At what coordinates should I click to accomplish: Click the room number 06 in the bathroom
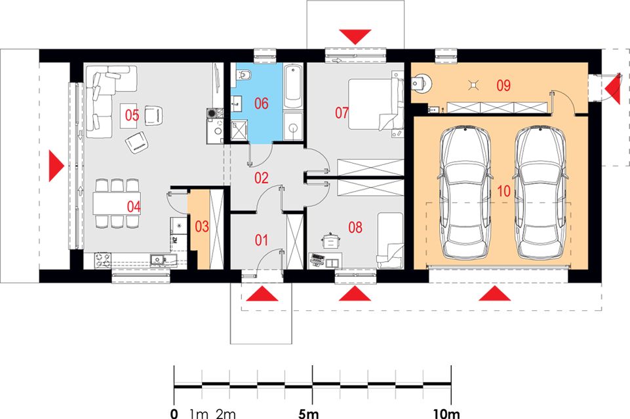coord(261,103)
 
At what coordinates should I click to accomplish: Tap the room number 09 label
coord(503,86)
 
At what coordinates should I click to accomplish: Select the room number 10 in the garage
coord(503,191)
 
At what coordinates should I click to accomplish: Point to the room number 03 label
coord(202,227)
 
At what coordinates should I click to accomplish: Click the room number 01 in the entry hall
coord(261,240)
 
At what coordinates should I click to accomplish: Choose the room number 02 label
coord(261,178)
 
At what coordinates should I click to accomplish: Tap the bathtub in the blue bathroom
coord(293,86)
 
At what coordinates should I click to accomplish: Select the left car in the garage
coord(465,192)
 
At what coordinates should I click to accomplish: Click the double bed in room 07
coord(375,104)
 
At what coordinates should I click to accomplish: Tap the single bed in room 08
coord(390,240)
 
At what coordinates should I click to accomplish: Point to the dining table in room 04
coord(117,204)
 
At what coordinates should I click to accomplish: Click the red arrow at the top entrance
coord(355,37)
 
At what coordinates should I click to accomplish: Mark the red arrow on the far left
coord(56,166)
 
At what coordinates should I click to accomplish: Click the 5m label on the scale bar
coord(309,413)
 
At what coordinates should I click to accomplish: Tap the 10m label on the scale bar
coord(446,413)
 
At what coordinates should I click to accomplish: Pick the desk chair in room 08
coord(330,241)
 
